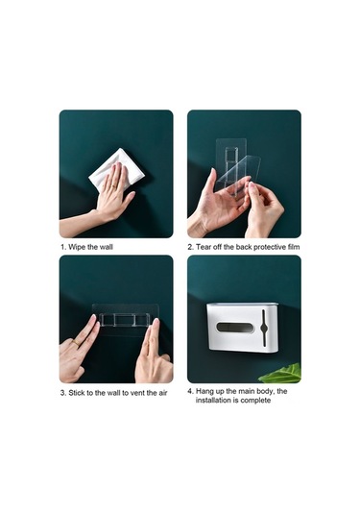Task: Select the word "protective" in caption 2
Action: click(266, 247)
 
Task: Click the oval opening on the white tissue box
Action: click(230, 328)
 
